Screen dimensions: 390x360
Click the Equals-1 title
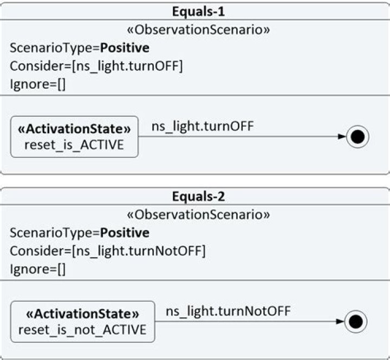click(198, 12)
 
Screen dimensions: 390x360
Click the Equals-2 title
click(198, 197)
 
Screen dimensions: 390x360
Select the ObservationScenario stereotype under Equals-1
click(198, 30)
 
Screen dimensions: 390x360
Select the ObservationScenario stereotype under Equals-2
click(198, 214)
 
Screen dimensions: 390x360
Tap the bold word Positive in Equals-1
click(125, 48)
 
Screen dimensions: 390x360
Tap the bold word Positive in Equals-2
click(125, 233)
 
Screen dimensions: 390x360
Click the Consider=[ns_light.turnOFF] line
click(96, 67)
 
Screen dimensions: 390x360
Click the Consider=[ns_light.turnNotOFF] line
click(108, 251)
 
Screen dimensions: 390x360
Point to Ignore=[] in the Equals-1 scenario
click(38, 84)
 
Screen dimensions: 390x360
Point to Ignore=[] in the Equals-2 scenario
click(38, 269)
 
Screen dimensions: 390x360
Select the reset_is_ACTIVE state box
click(74, 137)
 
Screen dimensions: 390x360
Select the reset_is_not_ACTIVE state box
click(82, 322)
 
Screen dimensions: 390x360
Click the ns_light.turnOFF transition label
click(203, 126)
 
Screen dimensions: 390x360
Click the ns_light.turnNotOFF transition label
click(228, 311)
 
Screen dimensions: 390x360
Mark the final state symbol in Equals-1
click(357, 137)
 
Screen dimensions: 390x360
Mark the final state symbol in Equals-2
click(356, 322)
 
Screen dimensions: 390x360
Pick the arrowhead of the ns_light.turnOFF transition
click(342, 136)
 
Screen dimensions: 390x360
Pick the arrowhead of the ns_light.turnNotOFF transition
click(340, 322)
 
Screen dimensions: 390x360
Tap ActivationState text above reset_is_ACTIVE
click(74, 129)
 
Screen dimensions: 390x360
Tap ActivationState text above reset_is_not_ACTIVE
click(82, 314)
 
